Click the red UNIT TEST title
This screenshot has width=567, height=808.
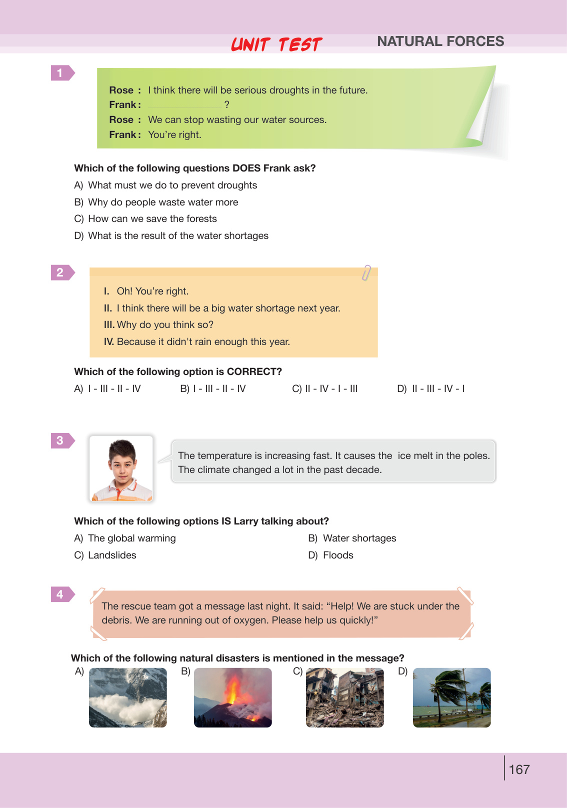pyautogui.click(x=276, y=44)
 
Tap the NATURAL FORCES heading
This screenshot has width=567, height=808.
pyautogui.click(x=440, y=41)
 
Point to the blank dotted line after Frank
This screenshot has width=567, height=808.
pyautogui.click(x=184, y=105)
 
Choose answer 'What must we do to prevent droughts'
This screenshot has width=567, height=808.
pyautogui.click(x=172, y=185)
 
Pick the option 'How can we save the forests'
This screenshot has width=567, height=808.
pyautogui.click(x=152, y=219)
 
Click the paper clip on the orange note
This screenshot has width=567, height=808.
pyautogui.click(x=366, y=272)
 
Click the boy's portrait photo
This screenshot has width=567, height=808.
pyautogui.click(x=121, y=468)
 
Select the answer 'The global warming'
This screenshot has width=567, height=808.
pyautogui.click(x=131, y=538)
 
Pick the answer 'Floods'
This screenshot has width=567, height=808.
pyautogui.click(x=338, y=555)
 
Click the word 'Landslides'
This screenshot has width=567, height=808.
pyautogui.click(x=112, y=555)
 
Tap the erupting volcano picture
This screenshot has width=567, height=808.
pyautogui.click(x=232, y=697)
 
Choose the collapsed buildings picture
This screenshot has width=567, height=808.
pyautogui.click(x=344, y=697)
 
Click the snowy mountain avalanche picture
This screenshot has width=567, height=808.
pyautogui.click(x=127, y=697)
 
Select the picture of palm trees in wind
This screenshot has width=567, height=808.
pyautogui.click(x=451, y=697)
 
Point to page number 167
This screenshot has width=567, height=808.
pyautogui.click(x=519, y=769)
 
